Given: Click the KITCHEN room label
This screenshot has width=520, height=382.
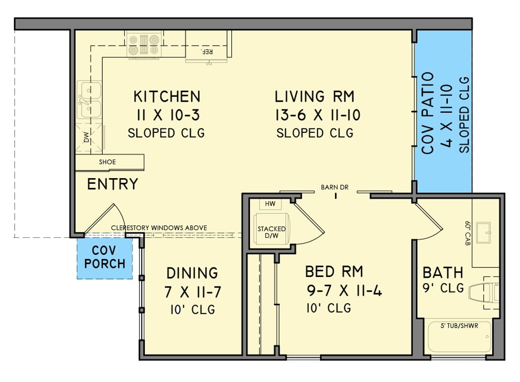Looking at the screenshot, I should (166, 96).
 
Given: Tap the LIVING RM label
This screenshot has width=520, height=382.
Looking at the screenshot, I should (314, 96).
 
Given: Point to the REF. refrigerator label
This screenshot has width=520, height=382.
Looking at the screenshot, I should (206, 52).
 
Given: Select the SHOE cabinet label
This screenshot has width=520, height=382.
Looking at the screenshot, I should (107, 162).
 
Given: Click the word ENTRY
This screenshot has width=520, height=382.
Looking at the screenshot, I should (112, 184).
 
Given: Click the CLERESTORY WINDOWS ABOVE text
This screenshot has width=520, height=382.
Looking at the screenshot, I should (159, 228).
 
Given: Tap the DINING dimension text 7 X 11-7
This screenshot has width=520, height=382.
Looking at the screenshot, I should (193, 291).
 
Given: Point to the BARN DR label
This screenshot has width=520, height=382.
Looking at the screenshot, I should (335, 188).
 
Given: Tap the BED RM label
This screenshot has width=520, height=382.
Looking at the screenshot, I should (334, 272).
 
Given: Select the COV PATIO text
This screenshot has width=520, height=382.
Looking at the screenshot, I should (428, 113).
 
